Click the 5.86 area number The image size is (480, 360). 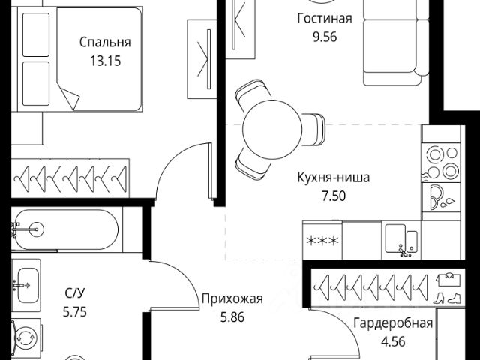232,316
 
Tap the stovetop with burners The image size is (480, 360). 441,162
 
